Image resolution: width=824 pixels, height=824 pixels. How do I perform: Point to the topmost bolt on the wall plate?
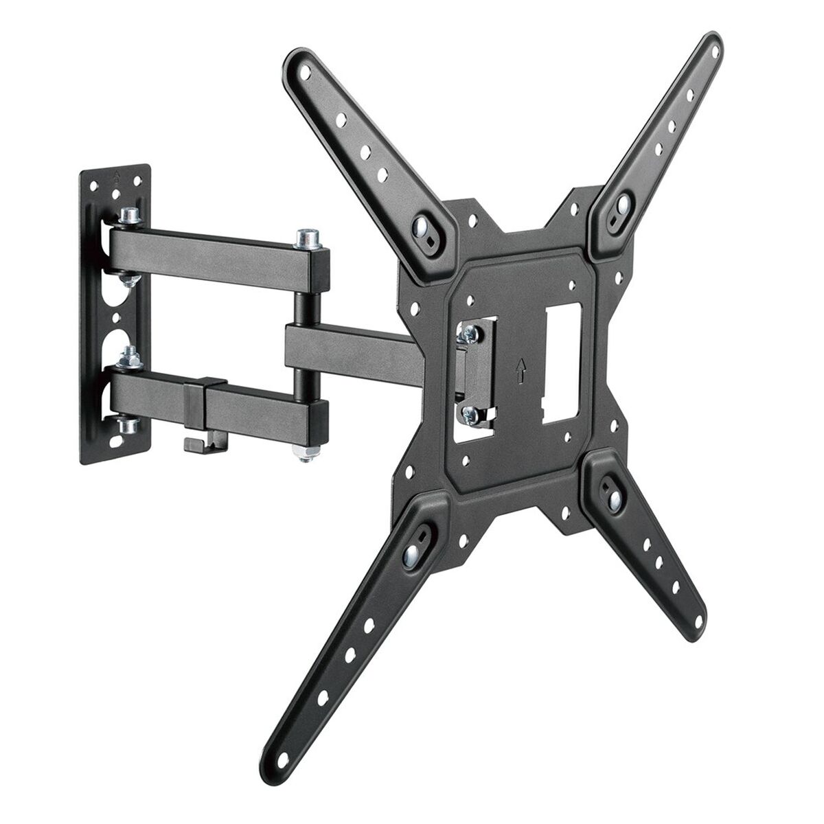(128, 216)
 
